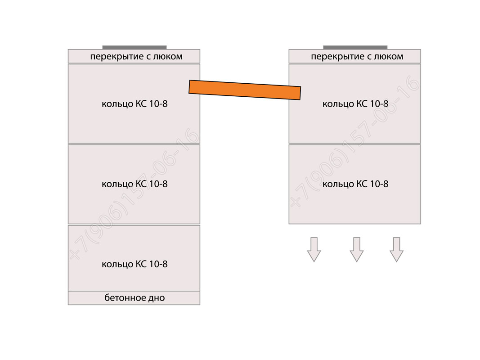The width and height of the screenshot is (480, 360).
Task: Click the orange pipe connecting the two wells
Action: (x=245, y=90)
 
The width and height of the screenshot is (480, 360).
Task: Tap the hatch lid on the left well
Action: (x=135, y=47)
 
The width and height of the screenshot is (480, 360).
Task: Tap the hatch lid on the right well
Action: (x=355, y=47)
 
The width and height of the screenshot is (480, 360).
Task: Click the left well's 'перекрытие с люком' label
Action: (x=136, y=57)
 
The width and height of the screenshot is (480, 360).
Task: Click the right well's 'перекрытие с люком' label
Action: (x=357, y=57)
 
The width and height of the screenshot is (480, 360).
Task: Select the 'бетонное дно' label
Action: (x=135, y=297)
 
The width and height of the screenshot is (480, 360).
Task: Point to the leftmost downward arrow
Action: (x=314, y=249)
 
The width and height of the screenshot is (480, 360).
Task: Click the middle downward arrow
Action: (x=357, y=249)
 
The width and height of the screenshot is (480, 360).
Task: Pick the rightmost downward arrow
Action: (x=396, y=249)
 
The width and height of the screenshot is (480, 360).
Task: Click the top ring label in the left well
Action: (x=135, y=104)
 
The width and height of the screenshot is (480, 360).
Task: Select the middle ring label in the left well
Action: (x=135, y=184)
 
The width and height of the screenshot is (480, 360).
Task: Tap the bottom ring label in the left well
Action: (x=135, y=264)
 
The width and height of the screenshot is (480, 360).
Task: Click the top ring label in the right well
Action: (x=355, y=104)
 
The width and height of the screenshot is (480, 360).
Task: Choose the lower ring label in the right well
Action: (x=355, y=184)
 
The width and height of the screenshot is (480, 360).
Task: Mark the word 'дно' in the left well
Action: (x=156, y=298)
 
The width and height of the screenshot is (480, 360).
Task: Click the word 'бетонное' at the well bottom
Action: (x=125, y=297)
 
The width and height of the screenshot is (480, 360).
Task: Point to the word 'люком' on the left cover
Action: (x=168, y=57)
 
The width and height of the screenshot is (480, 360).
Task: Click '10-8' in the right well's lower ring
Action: (x=379, y=184)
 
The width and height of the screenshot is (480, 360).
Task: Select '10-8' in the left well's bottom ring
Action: (x=158, y=264)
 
